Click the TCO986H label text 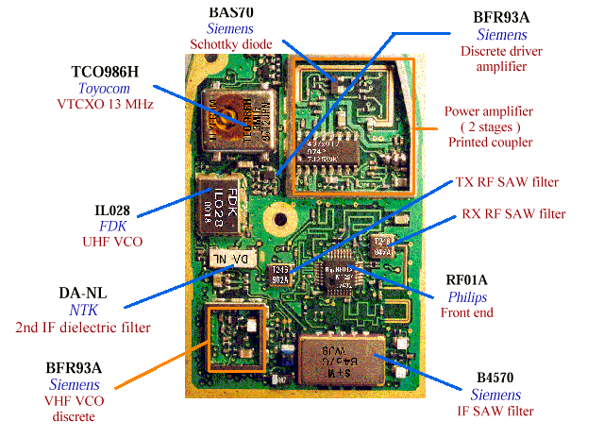tap(112, 71)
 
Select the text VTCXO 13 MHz tap(112, 104)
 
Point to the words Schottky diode tap(230, 43)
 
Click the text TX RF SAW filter tap(507, 182)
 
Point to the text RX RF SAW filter tap(514, 214)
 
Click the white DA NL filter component tap(227, 258)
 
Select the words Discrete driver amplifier tap(495, 59)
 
